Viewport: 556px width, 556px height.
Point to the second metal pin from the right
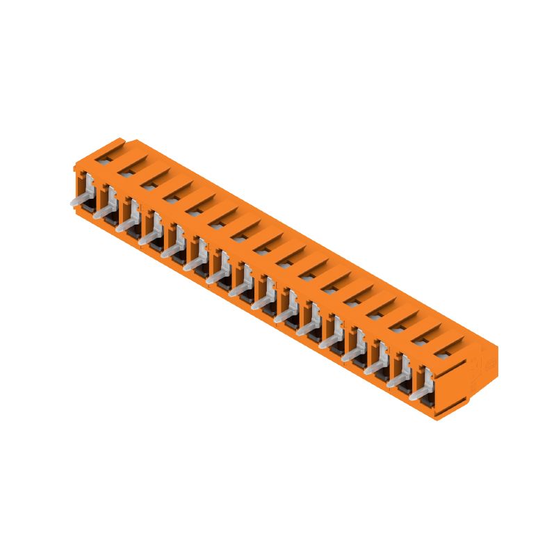coord(397,382)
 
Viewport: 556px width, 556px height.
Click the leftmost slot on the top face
coord(104,158)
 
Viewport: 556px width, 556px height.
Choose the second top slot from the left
coord(127,171)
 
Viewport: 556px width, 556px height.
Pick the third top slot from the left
coord(149,183)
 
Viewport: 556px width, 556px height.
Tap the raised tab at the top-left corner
coord(111,144)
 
